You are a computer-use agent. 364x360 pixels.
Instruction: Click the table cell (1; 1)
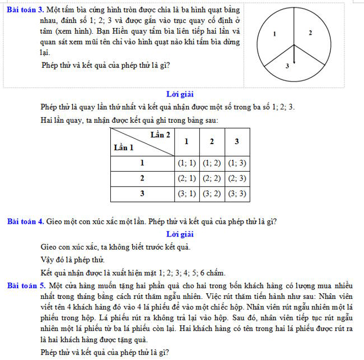(x=187, y=163)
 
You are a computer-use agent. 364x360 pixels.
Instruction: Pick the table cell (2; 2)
(x=211, y=178)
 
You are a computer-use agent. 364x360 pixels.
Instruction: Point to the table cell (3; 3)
(x=237, y=193)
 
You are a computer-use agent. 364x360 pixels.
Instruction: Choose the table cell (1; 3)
(x=237, y=163)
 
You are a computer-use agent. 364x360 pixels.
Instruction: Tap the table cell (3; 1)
(x=187, y=193)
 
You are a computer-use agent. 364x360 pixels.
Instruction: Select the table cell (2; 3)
(x=237, y=178)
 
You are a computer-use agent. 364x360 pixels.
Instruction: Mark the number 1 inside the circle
(x=274, y=34)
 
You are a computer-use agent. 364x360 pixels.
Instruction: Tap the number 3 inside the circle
(x=287, y=66)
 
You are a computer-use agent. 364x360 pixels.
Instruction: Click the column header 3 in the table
(x=237, y=141)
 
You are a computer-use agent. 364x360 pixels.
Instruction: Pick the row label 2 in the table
(x=142, y=178)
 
